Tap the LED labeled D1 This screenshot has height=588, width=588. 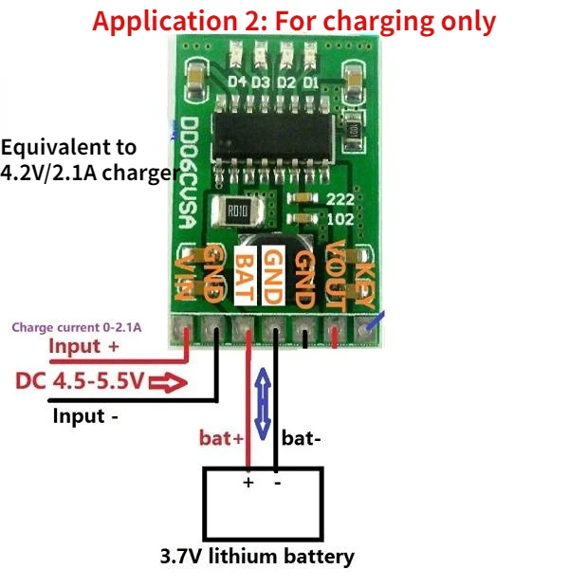(x=311, y=56)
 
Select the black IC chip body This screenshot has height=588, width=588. (x=274, y=137)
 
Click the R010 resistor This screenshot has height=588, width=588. (x=238, y=211)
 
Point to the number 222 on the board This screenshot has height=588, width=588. (x=340, y=199)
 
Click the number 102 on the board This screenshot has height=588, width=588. (x=340, y=219)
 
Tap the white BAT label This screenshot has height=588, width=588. (x=246, y=275)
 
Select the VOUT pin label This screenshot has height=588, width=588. (x=335, y=276)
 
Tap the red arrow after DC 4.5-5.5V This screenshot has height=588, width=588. (x=168, y=382)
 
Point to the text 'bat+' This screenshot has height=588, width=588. (x=221, y=438)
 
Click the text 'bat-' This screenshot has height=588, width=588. (x=302, y=438)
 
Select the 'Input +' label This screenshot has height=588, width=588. (x=84, y=346)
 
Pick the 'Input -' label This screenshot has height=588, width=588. (x=85, y=416)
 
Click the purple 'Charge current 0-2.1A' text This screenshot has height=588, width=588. (x=77, y=327)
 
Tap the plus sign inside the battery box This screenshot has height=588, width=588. (x=248, y=482)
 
